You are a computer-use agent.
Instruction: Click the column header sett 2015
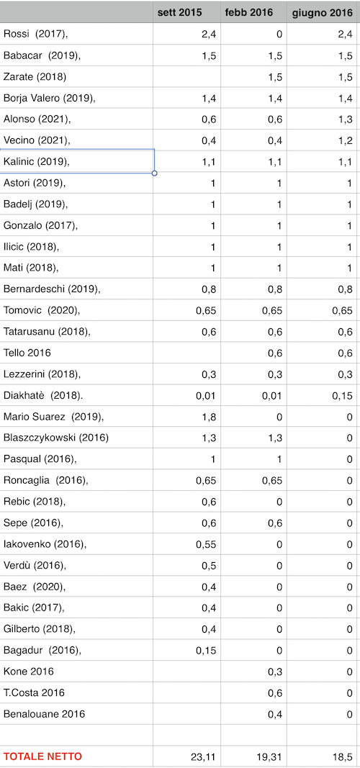point(179,13)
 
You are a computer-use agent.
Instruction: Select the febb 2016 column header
point(249,13)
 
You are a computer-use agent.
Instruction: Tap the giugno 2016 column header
point(323,13)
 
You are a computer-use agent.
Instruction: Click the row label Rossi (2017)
point(36,34)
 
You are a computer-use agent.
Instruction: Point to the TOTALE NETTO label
point(42,756)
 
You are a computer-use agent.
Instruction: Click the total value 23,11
point(203,756)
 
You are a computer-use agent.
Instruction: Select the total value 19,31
point(271,756)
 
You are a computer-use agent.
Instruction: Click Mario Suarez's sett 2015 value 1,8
point(209,417)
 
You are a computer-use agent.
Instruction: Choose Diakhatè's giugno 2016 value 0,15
point(343,396)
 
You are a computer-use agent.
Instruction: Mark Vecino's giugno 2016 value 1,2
point(346,141)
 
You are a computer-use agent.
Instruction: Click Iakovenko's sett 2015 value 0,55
point(206,544)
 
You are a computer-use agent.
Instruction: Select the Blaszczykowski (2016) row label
point(56,438)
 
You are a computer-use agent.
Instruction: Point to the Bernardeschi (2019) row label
point(52,289)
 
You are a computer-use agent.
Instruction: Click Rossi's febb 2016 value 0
point(279,34)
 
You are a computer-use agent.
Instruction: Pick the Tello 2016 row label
point(27,353)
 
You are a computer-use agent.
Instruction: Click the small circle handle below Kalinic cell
point(155,173)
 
